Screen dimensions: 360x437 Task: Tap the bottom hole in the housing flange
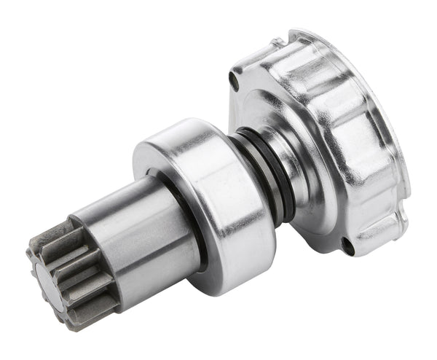[x=348, y=249]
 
